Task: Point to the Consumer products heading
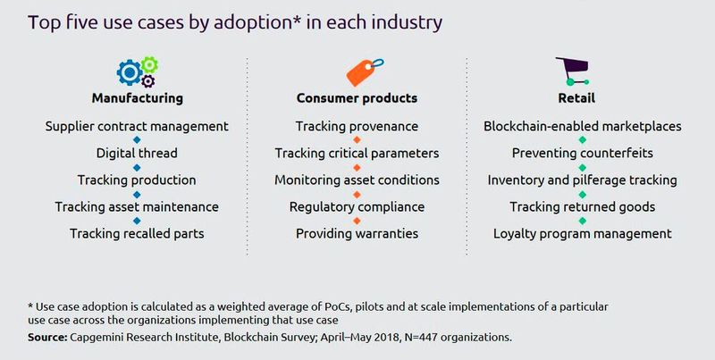pos(357,97)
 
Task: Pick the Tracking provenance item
pos(357,126)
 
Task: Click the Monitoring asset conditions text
pos(357,180)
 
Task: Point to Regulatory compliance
pos(357,206)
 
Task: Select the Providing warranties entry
pos(357,233)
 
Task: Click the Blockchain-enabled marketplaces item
pos(582,126)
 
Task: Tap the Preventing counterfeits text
pos(582,153)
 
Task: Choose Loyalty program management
pos(582,233)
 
